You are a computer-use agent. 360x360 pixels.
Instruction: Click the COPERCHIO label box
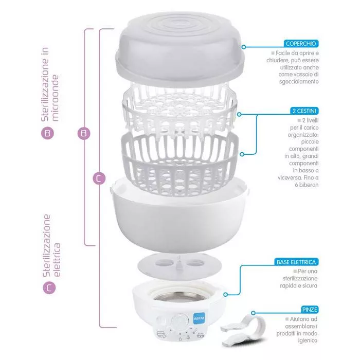tap(302, 44)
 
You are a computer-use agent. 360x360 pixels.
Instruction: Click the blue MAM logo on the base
tap(197, 318)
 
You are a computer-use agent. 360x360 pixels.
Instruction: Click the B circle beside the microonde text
tap(48, 133)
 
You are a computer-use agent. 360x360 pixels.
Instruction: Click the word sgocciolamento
tap(297, 82)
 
